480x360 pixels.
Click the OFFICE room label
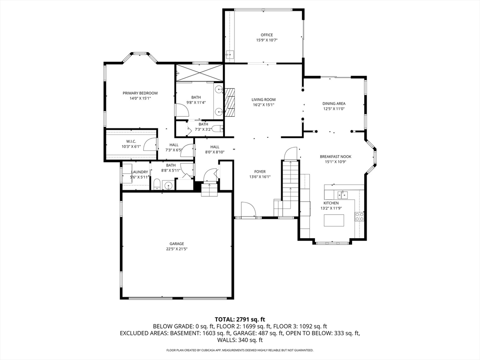tap(267, 35)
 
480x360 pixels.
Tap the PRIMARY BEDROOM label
tap(140, 93)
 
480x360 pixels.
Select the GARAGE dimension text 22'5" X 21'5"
tap(177, 249)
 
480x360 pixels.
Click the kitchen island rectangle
tap(334, 220)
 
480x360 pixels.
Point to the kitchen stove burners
tap(360, 217)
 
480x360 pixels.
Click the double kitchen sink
tap(342, 195)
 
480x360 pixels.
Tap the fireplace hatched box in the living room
tap(230, 103)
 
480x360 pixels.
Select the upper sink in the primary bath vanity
tap(218, 90)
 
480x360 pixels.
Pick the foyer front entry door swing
tap(248, 210)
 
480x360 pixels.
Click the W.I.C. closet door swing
tap(150, 144)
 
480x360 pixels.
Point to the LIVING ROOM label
tap(263, 99)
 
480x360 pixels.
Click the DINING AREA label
tap(334, 104)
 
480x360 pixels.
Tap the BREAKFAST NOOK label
tap(336, 157)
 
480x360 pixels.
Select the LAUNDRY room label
tap(140, 172)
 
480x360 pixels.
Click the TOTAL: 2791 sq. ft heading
tap(240, 320)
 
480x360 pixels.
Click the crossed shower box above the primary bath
tap(199, 73)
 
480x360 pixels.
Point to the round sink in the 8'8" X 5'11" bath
tap(168, 186)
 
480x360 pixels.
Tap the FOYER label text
tap(260, 172)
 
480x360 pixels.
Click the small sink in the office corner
tap(229, 55)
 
